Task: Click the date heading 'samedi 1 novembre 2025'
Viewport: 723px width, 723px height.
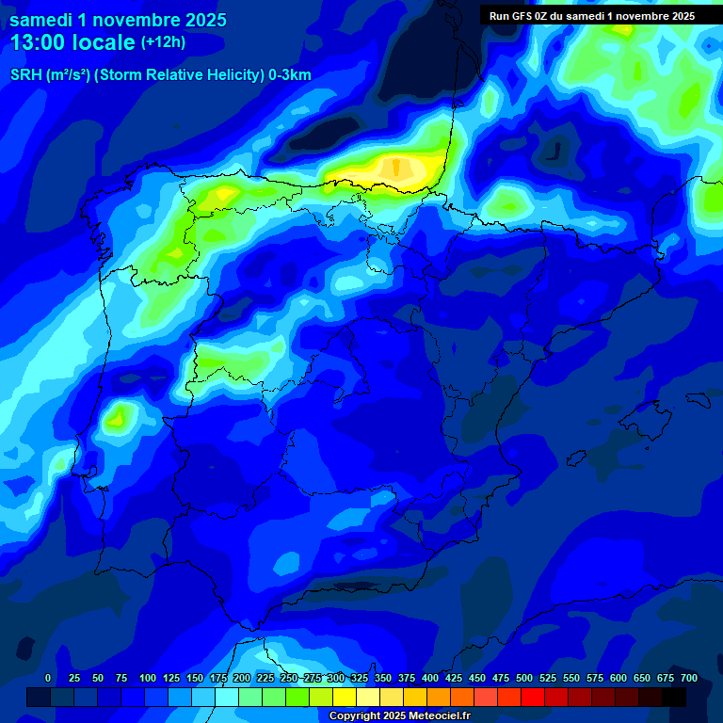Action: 118,19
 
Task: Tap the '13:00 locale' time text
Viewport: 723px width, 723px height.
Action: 72,42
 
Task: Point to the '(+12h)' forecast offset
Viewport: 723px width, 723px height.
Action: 163,42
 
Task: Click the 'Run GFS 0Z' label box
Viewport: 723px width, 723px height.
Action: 591,15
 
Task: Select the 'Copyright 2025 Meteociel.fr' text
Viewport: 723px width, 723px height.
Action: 398,715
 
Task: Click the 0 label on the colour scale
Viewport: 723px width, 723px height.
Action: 48,678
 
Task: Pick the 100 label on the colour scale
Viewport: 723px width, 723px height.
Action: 148,678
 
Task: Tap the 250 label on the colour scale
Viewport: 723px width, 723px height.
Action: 289,678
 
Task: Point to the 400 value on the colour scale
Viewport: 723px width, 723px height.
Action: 430,678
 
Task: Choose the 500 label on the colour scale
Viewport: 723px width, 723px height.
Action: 524,678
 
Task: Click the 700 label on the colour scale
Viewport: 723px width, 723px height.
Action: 689,678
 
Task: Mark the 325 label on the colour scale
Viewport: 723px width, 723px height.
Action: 360,678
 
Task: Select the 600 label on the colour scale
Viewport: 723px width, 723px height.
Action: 619,678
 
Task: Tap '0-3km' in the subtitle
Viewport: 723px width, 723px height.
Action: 290,75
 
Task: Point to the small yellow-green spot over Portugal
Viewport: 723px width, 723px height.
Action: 119,414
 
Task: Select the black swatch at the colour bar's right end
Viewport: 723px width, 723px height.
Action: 674,697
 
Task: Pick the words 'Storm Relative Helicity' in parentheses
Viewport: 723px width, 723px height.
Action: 179,75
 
